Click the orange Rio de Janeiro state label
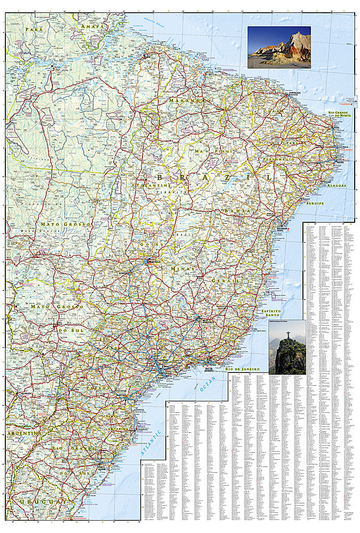pos(242,369)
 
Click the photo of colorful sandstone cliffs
pos(279,47)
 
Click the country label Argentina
pos(22,434)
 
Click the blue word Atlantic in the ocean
pos(151,442)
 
